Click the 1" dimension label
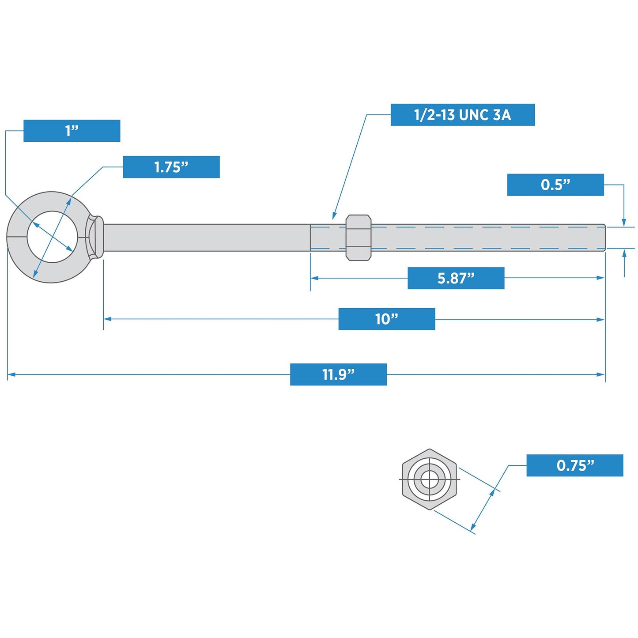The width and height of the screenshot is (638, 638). click(72, 131)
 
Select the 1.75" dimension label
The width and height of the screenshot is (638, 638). click(171, 167)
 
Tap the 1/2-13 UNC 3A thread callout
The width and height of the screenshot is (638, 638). click(462, 115)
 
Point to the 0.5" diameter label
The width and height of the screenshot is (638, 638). click(555, 185)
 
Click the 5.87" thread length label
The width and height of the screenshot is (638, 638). click(456, 278)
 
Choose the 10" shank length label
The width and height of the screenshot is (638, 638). click(386, 319)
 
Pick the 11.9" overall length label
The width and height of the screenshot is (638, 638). click(338, 374)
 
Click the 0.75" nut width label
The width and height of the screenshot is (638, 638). click(574, 465)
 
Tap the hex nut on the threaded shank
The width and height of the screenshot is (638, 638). click(358, 238)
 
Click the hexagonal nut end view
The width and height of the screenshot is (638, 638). click(429, 479)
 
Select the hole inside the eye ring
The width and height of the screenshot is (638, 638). click(52, 237)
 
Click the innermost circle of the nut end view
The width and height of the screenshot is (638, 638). click(429, 479)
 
